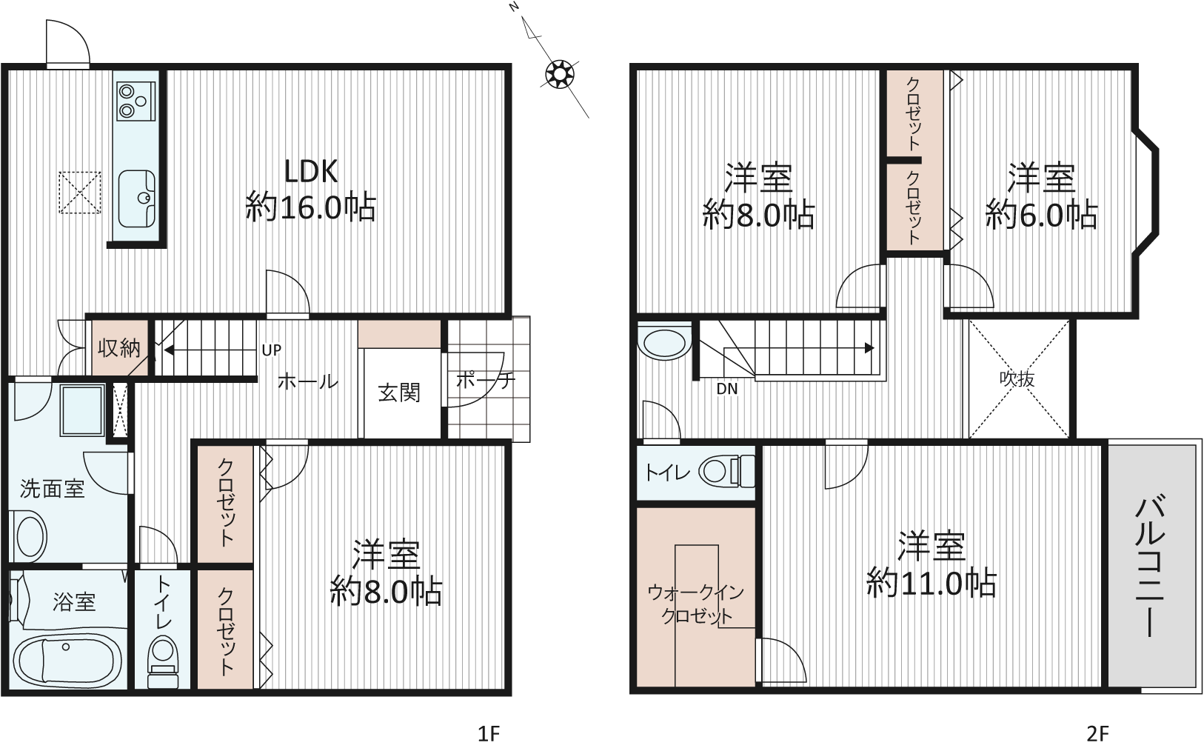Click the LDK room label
point(311,172)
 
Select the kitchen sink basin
point(136,199)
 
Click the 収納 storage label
point(118,348)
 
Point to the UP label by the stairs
point(272,350)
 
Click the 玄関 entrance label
point(399,393)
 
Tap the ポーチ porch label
point(485,381)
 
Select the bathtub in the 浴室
point(66,658)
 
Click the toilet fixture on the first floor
point(163,661)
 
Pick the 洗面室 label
point(52,489)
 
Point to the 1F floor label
point(489,733)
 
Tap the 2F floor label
point(1097,733)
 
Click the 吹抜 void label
point(1017,379)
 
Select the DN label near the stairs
point(726,389)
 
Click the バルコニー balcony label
point(1149,567)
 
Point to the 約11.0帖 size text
point(932,583)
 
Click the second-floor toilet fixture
point(726,472)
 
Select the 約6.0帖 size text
point(1041,215)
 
